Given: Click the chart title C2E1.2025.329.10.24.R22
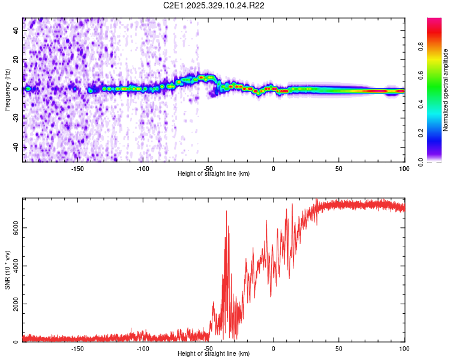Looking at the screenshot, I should coord(214,6).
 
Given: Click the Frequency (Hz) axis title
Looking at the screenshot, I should coord(7,89).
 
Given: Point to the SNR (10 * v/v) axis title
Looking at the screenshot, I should coord(7,270).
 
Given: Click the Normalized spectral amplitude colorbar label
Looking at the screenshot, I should coord(446,89).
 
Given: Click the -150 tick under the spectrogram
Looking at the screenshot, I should coord(77,169).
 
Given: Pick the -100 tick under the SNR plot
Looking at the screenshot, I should coord(143,349).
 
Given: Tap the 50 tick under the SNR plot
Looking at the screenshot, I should coord(339,349).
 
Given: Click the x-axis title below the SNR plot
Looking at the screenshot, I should coord(214,354).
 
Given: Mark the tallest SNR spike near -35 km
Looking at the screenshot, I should coord(226,211).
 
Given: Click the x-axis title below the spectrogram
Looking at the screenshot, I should coord(214,174).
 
